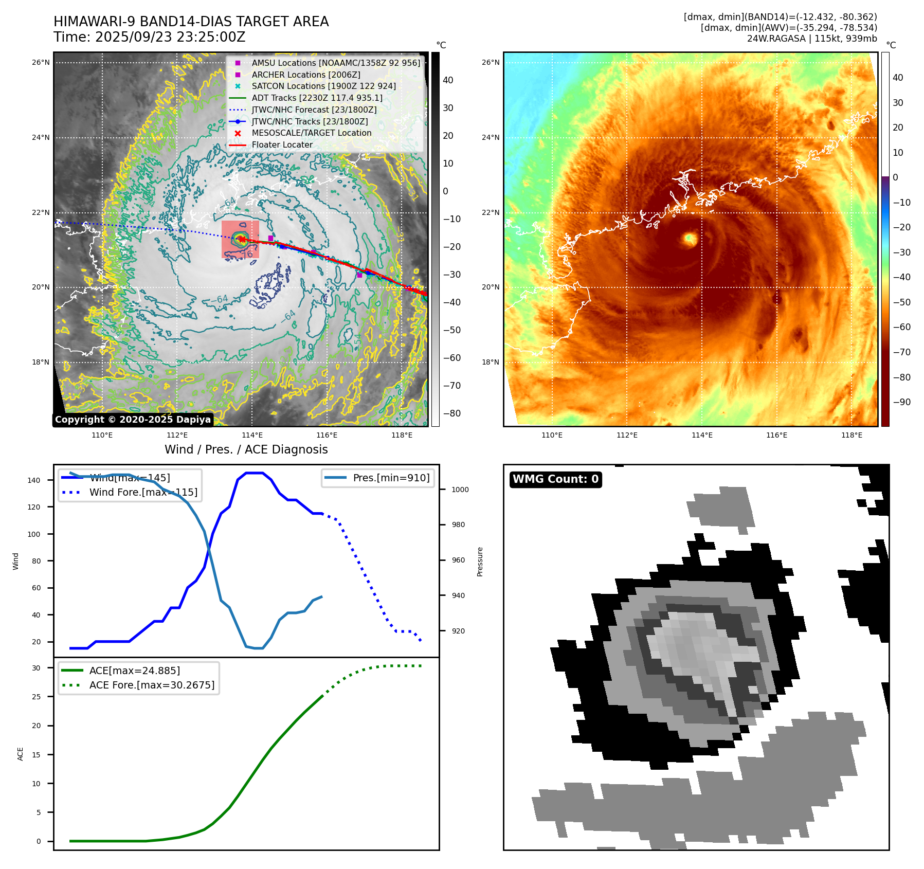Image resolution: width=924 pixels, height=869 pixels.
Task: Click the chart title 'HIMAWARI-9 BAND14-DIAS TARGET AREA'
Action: coord(191,22)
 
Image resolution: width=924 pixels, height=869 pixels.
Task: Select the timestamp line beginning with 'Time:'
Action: coord(149,38)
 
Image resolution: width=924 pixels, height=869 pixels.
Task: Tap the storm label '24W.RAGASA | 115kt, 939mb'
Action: coord(812,39)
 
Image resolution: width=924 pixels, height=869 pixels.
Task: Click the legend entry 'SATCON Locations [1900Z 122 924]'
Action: coord(323,86)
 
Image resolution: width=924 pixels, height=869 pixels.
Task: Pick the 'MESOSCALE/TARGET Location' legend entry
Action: coord(311,133)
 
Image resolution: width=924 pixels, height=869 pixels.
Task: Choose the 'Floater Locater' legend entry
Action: coord(282,145)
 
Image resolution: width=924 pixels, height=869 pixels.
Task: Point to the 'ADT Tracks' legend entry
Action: coord(317,98)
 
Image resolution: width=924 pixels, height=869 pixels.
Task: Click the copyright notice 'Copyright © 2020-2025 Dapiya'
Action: coord(133,420)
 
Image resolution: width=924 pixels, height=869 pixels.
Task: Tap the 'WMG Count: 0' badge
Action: coord(555,479)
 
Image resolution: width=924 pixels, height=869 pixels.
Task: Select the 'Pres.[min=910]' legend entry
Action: coord(391,478)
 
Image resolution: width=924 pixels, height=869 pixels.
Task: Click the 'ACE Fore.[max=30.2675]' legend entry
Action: coord(152,685)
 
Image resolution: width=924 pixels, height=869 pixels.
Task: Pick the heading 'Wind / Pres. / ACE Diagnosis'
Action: coord(246,449)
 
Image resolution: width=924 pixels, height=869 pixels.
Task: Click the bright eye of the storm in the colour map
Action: coord(689,238)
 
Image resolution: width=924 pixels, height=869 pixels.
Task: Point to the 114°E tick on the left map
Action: coord(252,436)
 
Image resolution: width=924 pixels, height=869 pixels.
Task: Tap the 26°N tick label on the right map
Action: coord(490,63)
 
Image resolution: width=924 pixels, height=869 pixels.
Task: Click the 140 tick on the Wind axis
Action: coord(34,480)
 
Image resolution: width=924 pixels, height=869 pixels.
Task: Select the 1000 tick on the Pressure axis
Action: coord(460,490)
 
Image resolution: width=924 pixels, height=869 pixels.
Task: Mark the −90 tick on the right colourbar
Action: coord(901,402)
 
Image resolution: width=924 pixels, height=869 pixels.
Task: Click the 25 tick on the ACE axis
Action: coord(36,697)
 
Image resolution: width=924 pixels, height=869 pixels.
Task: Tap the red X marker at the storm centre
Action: coord(241,239)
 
